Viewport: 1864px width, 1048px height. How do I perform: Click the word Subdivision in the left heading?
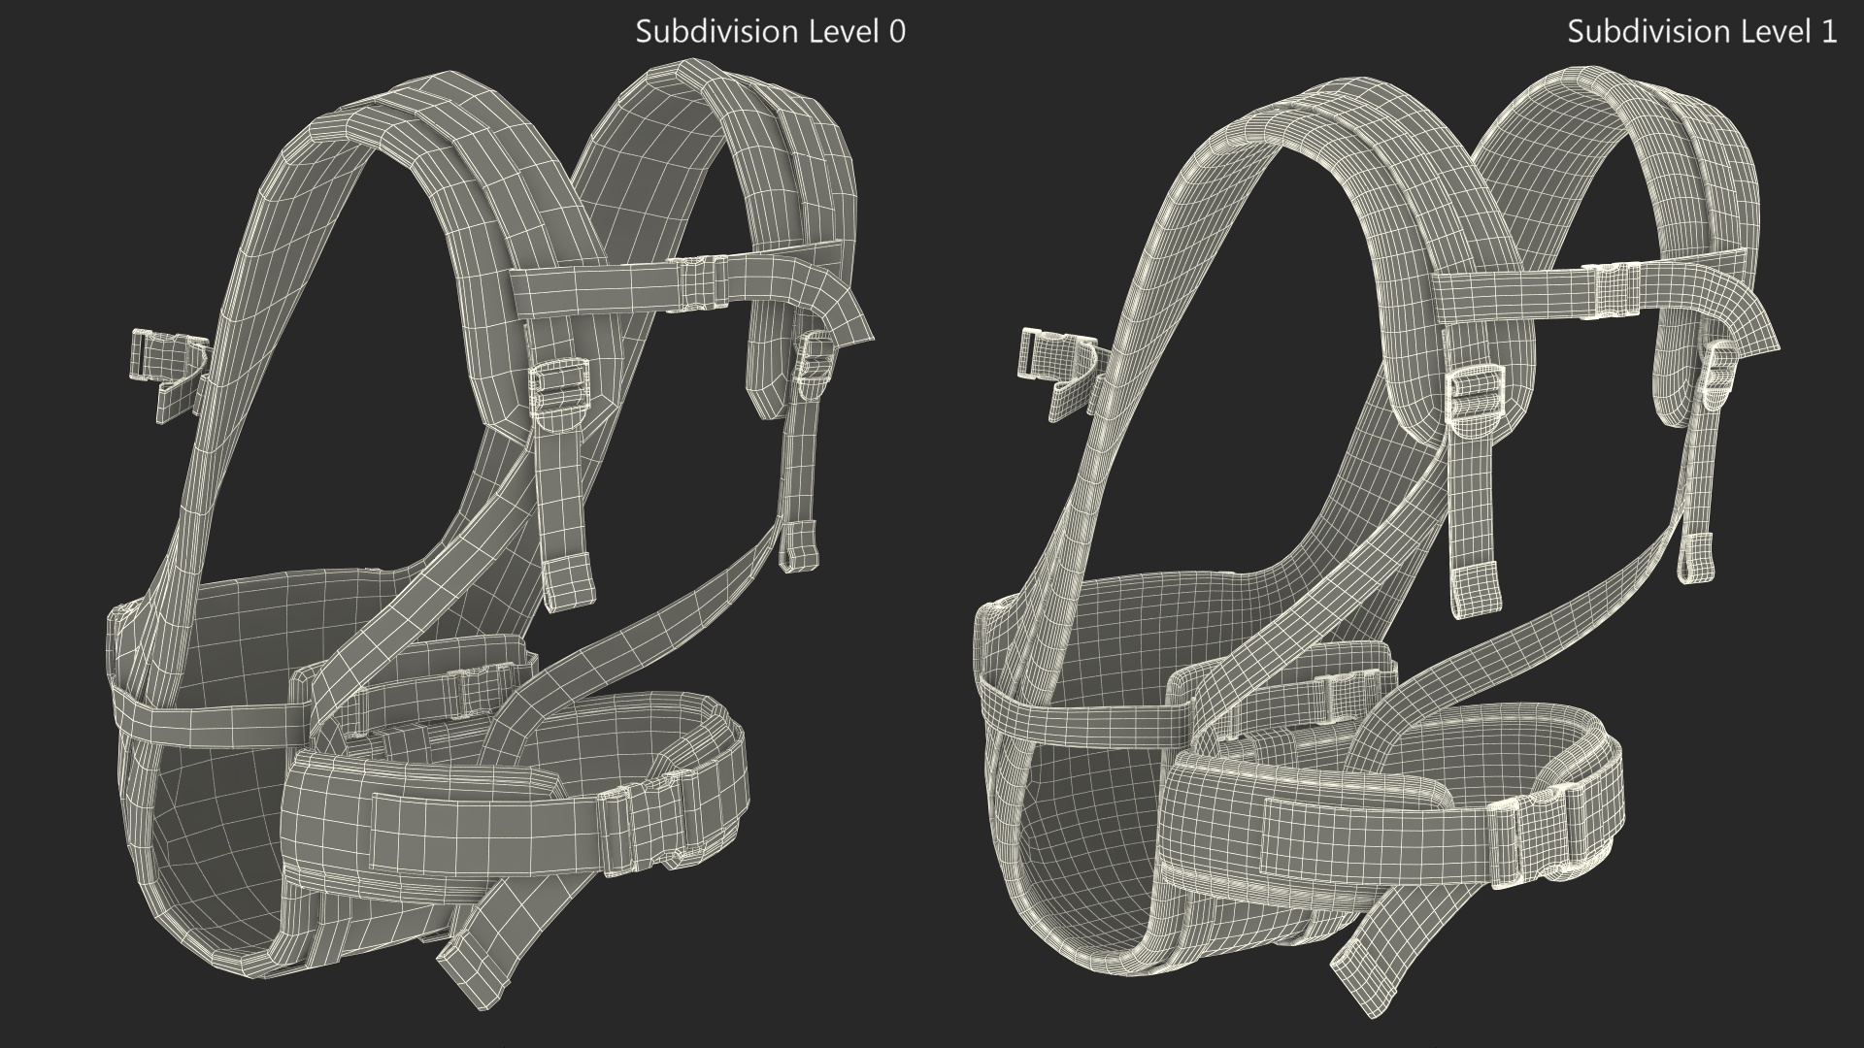coord(704,32)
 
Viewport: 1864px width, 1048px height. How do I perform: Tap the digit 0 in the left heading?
coord(897,32)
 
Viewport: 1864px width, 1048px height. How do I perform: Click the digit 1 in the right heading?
coord(1828,32)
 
